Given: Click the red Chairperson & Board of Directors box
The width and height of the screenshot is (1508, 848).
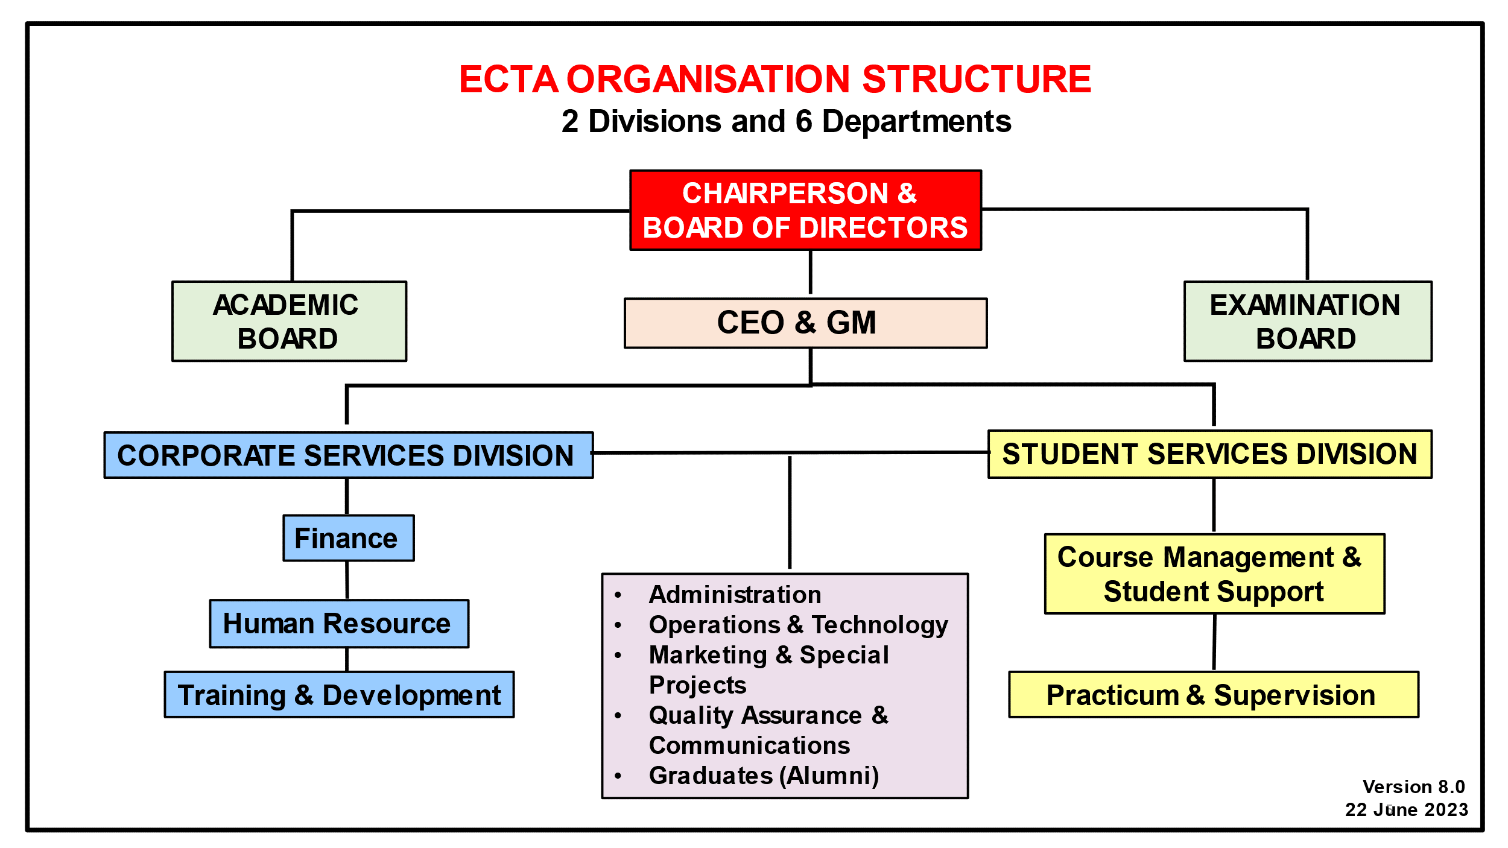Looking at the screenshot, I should (805, 210).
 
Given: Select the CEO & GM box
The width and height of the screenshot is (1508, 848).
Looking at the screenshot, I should (805, 323).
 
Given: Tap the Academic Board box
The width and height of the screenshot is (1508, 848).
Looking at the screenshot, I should (289, 321).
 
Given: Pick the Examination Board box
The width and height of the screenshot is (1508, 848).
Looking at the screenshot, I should (1307, 321).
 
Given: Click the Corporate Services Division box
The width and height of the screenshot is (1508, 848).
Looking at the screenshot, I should (348, 455).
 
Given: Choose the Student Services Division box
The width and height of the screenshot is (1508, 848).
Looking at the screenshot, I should (1209, 454).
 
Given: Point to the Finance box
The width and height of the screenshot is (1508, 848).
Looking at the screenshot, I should (348, 538).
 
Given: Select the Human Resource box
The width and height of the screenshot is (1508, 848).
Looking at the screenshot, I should (338, 623).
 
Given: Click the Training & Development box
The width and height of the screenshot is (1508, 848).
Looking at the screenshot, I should (339, 695).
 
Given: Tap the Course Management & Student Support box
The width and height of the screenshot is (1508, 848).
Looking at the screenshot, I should (1214, 574).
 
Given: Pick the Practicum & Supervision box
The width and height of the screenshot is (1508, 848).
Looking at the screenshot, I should (1213, 695).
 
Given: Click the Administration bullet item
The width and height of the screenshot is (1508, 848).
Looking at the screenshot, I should (735, 595).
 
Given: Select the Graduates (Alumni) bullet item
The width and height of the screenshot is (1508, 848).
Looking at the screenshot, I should (764, 776).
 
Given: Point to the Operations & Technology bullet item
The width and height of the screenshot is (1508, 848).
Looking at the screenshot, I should (798, 625).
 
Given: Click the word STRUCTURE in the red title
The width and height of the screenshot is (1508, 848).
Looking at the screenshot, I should (977, 79).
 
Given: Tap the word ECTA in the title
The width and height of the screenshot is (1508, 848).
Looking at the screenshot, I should (508, 79).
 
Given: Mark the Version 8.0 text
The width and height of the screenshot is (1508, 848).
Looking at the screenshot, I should (1413, 786).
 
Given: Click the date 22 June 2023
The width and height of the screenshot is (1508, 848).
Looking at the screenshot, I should (1406, 809).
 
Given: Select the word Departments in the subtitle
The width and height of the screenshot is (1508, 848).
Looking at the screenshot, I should (916, 121).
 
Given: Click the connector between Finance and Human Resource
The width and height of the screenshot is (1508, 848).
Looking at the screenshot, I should (347, 580).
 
